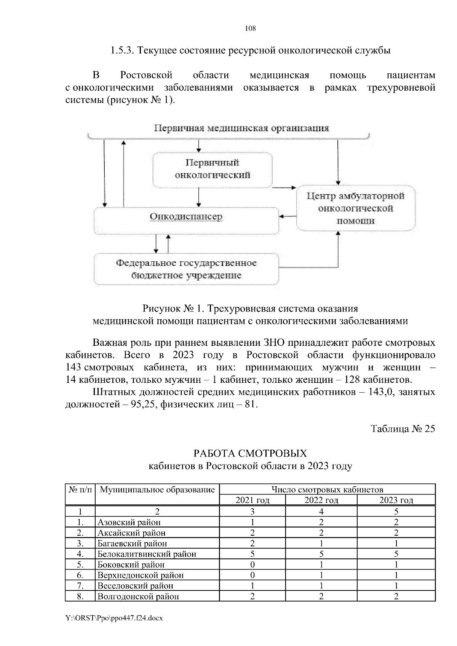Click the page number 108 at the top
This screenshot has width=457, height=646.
tap(251, 29)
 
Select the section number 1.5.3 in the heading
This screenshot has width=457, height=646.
tap(122, 50)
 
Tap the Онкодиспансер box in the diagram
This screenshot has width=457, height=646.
tap(186, 217)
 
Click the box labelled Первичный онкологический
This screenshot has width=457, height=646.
tap(212, 169)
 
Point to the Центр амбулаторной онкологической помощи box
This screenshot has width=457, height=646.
tap(355, 208)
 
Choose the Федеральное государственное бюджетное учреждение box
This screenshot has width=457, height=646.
tap(186, 269)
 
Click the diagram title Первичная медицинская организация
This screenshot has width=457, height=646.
tap(241, 128)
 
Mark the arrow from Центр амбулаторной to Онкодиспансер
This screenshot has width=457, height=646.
tap(288, 216)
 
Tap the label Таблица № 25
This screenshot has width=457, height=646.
tap(403, 429)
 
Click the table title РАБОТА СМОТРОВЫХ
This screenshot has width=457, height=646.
tap(250, 454)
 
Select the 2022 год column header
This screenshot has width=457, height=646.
tap(321, 500)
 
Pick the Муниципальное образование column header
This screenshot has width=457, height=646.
tap(157, 490)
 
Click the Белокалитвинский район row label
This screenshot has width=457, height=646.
tap(147, 554)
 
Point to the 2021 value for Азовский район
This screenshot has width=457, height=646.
tap(252, 522)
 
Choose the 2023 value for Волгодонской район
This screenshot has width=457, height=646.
tap(396, 596)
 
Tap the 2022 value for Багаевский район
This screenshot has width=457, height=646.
tap(321, 544)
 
